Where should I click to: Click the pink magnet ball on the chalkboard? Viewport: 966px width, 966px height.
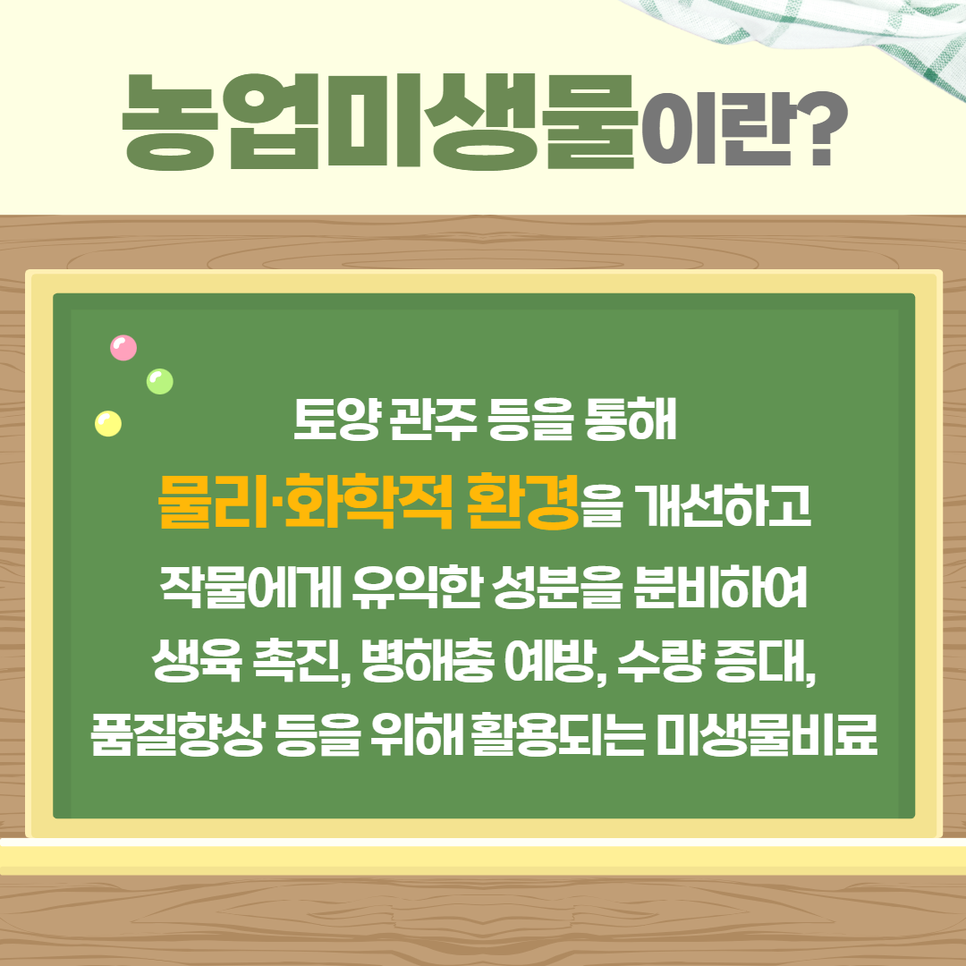(x=123, y=348)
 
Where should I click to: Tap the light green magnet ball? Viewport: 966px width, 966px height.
(x=159, y=382)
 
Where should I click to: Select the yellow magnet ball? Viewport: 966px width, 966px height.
(x=108, y=423)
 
